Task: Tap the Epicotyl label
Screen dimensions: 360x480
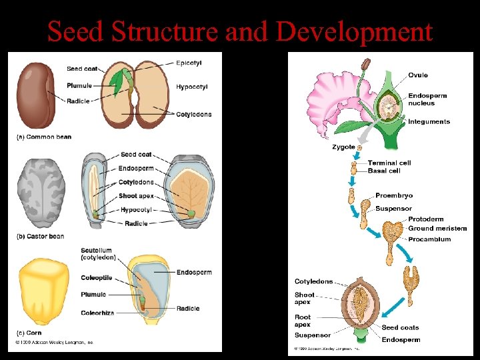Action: [189, 63]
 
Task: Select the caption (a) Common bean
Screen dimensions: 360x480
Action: [44, 137]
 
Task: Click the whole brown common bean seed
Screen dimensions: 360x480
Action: [35, 94]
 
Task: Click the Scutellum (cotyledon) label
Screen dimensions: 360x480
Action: [98, 254]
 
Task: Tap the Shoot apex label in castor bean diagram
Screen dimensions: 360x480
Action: [137, 196]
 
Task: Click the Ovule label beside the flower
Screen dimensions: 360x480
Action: [418, 75]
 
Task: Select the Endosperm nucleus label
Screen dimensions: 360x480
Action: [427, 99]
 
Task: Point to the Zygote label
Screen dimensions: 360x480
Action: [343, 147]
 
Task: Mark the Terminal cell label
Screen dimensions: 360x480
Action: [389, 163]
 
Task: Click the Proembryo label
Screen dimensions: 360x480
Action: [394, 195]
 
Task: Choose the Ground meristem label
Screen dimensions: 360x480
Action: [437, 229]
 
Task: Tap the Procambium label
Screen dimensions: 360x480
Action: [429, 239]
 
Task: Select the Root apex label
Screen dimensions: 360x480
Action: [303, 320]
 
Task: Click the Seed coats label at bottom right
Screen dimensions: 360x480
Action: [400, 327]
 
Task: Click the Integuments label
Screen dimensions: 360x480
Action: [429, 121]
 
